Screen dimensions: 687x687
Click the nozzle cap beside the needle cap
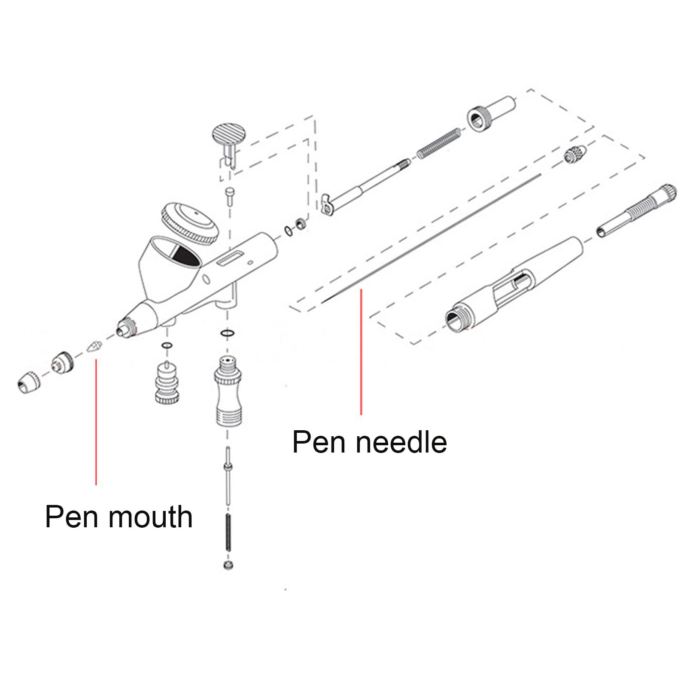tap(63, 362)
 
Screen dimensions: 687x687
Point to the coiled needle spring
tap(439, 143)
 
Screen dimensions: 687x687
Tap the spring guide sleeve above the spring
tap(491, 114)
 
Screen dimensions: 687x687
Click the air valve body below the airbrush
tap(228, 391)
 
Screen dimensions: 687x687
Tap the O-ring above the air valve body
tap(227, 333)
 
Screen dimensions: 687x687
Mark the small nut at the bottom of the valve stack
tap(228, 565)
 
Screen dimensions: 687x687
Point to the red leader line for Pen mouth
tap(96, 422)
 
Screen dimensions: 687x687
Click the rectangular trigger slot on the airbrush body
tap(229, 258)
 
